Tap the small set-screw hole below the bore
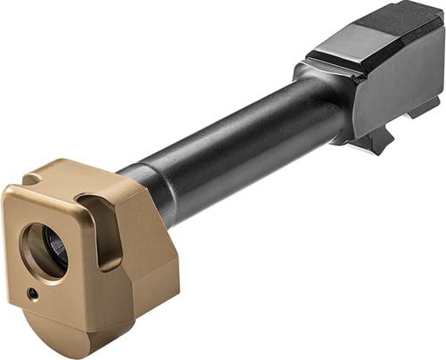tap(32, 293)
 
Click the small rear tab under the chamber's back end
tap(423, 111)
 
